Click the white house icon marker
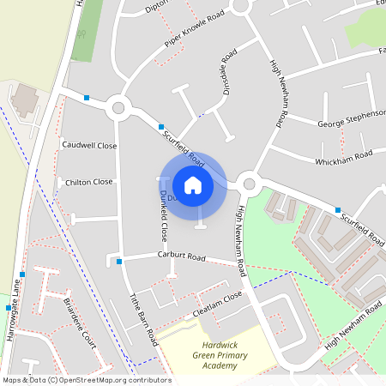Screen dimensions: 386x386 [x=192, y=184]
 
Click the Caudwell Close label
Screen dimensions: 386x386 [x=89, y=145]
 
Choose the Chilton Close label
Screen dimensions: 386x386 [x=89, y=182]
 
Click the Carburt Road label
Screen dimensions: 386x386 [x=182, y=256]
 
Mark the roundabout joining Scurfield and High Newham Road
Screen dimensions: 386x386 [x=249, y=182]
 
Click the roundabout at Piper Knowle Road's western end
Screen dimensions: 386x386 [x=118, y=109]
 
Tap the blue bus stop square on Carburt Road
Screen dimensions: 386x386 [x=119, y=260]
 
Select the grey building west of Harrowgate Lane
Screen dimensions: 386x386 [x=24, y=100]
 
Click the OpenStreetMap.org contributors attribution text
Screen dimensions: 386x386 [x=112, y=380]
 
